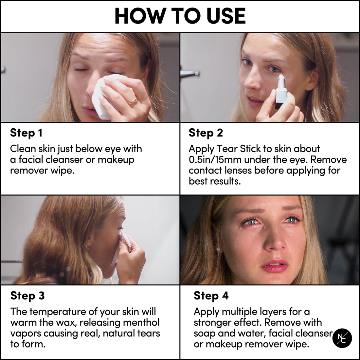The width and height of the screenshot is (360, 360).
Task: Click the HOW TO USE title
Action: [180, 16]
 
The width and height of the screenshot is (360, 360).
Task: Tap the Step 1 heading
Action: [26, 133]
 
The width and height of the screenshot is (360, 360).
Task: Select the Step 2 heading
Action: [206, 133]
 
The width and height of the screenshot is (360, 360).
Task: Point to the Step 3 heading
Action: [27, 296]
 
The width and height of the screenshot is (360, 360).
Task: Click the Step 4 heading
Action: [211, 296]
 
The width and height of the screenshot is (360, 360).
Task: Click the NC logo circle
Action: [342, 338]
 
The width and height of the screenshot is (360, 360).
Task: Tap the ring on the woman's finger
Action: [133, 101]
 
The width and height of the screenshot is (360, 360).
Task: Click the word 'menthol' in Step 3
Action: [141, 322]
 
